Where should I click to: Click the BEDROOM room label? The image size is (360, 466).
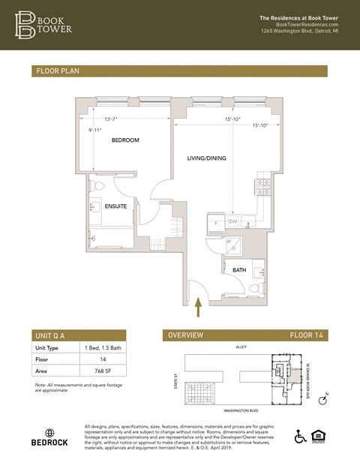[x=125, y=140]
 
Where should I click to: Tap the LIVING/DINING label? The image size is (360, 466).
[x=206, y=158]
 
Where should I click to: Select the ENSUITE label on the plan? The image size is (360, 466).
[x=115, y=205]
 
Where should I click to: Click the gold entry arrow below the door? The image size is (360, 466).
[x=199, y=308]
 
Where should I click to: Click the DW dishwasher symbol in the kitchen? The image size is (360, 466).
[x=233, y=221]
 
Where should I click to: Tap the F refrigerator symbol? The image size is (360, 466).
[x=215, y=223]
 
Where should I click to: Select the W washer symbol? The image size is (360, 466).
[x=228, y=242]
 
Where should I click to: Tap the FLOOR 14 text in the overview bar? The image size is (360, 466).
[x=307, y=335]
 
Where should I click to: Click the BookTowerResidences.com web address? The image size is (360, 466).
[x=301, y=25]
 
